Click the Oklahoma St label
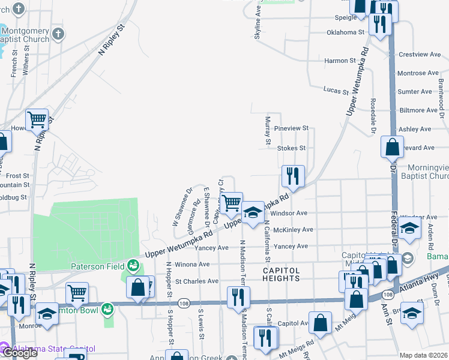[345, 32]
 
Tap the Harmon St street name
[340, 61]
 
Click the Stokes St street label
[291, 148]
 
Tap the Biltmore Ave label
[419, 110]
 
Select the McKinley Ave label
[293, 230]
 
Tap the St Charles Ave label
[196, 281]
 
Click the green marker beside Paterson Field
[132, 265]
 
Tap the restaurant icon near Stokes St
[293, 176]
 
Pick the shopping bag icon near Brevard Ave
[392, 146]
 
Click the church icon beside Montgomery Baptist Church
[58, 33]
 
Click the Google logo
[19, 353]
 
